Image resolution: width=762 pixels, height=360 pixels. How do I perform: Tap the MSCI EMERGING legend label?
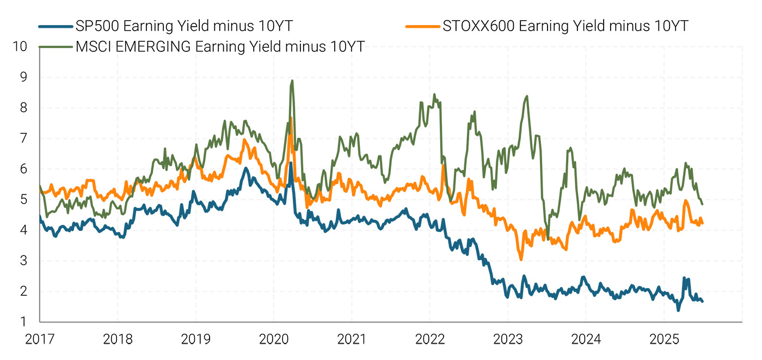(220, 46)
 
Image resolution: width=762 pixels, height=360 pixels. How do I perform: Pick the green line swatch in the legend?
(56, 46)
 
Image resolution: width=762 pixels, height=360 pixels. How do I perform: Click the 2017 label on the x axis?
(40, 340)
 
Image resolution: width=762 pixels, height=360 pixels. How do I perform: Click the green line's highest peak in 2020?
(292, 81)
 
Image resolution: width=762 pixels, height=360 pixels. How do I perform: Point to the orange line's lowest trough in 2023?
(521, 259)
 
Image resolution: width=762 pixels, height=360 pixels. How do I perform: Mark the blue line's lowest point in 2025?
(678, 310)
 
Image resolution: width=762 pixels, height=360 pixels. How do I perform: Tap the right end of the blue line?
(702, 301)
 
